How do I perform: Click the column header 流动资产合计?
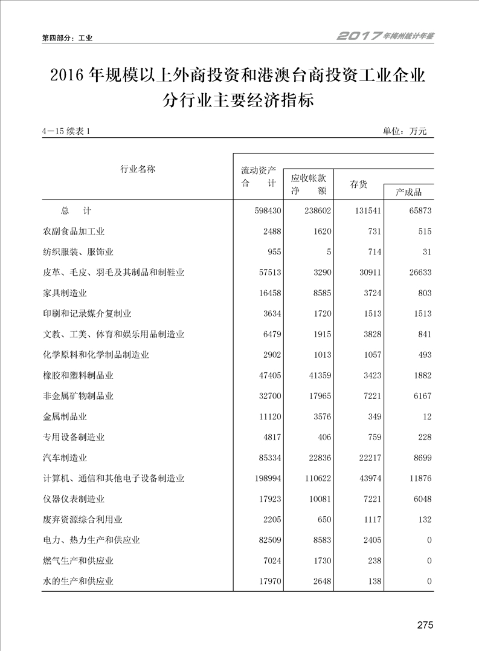point(258,177)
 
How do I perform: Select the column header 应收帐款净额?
point(308,184)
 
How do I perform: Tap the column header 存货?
point(358,184)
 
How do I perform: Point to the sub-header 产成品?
point(408,192)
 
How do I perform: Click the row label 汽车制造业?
point(66,458)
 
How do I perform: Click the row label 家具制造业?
point(66,293)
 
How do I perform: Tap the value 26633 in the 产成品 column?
point(418,273)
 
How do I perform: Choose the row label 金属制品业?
point(66,416)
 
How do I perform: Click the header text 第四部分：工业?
point(67,38)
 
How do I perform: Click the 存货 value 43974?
point(368,478)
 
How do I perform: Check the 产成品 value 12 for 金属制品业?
point(427,416)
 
